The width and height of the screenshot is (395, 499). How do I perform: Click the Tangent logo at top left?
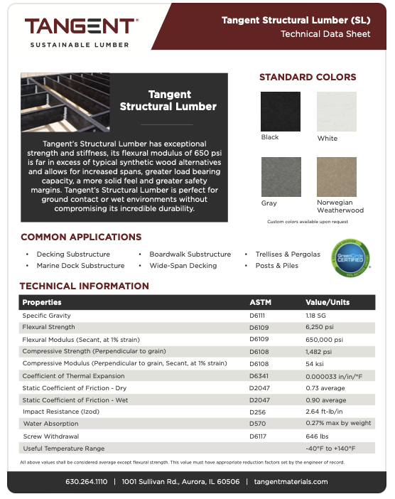tap(80, 31)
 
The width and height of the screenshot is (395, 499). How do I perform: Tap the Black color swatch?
tap(280, 111)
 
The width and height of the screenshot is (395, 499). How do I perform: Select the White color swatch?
tap(336, 112)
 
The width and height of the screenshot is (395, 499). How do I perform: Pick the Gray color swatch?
tap(280, 177)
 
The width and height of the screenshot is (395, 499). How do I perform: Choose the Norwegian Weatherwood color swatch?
tap(336, 177)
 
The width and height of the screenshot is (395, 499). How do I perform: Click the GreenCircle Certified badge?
tap(351, 259)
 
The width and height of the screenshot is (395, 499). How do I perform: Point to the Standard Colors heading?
tap(308, 77)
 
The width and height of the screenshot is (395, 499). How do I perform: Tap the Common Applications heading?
tap(81, 237)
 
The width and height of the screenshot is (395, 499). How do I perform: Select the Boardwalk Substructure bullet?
tap(190, 254)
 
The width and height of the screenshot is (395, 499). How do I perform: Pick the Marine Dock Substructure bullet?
tap(80, 266)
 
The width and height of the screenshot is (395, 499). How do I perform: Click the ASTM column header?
tap(260, 302)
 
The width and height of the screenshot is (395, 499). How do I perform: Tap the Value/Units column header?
tap(329, 302)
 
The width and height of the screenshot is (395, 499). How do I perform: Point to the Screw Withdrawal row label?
tap(50, 436)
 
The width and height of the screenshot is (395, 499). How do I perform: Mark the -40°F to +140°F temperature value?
tap(330, 449)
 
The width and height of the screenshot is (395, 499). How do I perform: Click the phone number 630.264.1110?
tap(86, 481)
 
